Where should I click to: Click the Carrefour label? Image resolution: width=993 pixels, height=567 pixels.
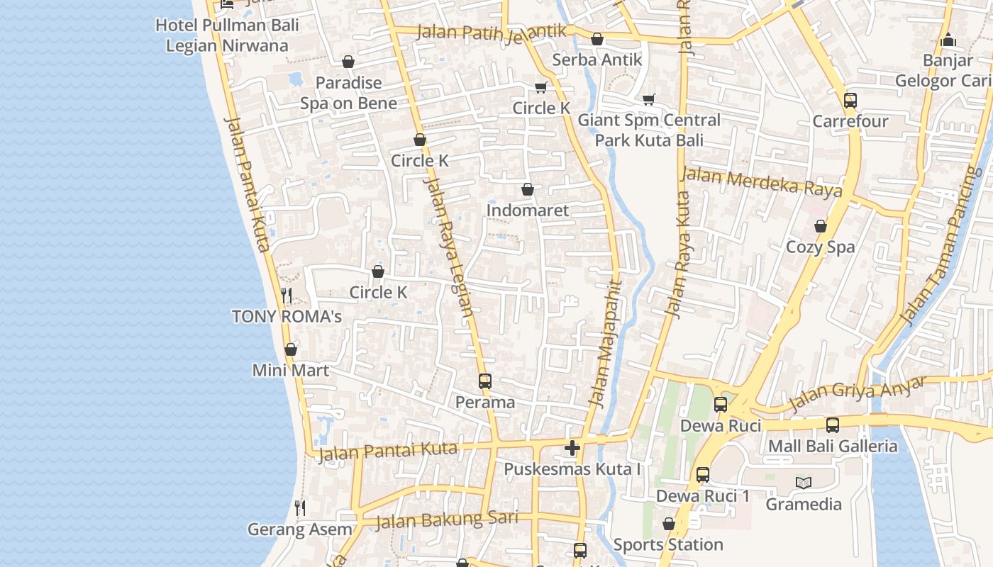point(850,121)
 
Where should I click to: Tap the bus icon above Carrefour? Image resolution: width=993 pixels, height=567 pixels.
point(850,101)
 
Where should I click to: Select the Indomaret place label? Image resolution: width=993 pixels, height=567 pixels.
point(527,210)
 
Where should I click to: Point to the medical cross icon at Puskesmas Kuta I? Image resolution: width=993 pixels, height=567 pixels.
point(572,448)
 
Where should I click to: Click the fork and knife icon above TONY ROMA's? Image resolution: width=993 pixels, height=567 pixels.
point(287,295)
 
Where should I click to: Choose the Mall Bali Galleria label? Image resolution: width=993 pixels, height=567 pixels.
point(833,447)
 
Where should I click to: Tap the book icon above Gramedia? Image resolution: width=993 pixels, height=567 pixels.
point(803,483)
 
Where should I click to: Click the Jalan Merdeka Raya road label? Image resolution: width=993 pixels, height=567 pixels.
point(762,182)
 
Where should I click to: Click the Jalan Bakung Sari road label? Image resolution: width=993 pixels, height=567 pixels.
point(446,520)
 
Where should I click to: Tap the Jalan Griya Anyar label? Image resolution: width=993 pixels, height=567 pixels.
point(857,393)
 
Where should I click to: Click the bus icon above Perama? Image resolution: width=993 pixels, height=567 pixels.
point(485,381)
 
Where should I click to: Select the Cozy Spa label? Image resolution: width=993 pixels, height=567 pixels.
point(820,247)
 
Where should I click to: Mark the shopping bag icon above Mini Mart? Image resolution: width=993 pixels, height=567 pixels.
point(290,349)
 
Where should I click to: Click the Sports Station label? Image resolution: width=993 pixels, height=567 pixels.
point(668,545)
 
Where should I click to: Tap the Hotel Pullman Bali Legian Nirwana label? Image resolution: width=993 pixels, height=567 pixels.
point(227,35)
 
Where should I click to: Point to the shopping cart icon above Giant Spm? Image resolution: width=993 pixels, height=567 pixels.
point(648,99)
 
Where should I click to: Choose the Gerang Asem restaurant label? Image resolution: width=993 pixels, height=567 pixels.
point(299,529)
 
